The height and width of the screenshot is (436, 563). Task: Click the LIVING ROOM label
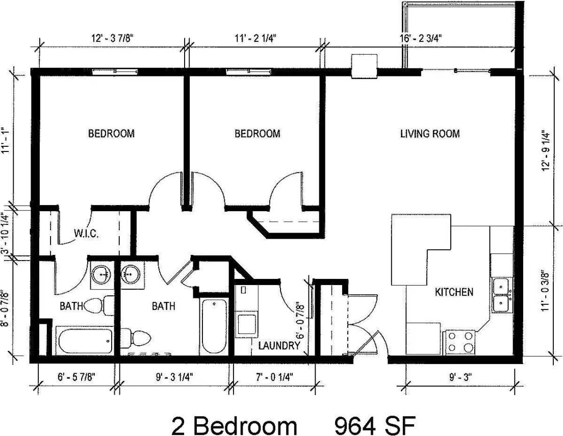tap(429, 134)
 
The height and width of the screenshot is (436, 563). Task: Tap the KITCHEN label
tap(454, 292)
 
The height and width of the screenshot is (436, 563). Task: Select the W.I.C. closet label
tap(86, 234)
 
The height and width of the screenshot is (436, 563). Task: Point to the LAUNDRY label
tap(279, 346)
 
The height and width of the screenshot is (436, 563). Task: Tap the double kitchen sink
tap(502, 295)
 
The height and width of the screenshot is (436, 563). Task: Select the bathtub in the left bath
tap(84, 340)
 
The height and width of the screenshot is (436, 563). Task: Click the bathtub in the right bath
tap(212, 326)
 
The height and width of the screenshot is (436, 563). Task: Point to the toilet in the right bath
tap(138, 337)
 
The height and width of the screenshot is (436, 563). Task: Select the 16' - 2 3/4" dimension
tap(420, 38)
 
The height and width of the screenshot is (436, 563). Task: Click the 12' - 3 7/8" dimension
tap(112, 38)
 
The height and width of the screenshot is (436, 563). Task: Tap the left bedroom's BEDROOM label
tap(111, 134)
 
